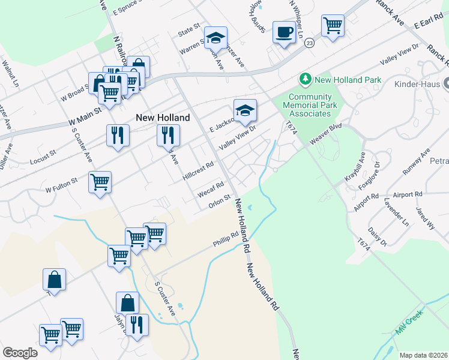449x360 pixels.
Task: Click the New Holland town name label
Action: click(163, 118)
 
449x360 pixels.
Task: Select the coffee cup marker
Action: click(284, 32)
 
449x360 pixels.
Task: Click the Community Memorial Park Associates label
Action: click(310, 106)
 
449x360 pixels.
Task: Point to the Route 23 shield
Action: click(309, 43)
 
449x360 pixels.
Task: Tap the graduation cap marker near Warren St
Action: click(215, 38)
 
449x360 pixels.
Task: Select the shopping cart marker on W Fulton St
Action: click(100, 182)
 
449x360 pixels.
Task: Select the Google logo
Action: click(20, 353)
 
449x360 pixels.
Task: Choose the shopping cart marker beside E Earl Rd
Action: click(333, 25)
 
